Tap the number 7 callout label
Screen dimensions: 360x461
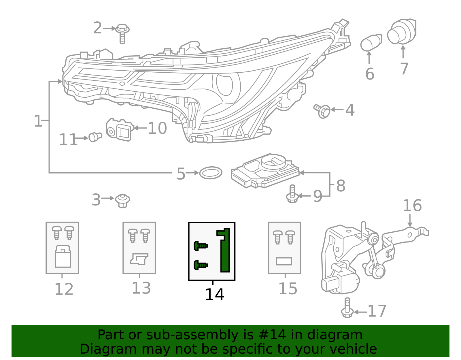pos(404,69)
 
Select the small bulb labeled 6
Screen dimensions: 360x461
pos(371,43)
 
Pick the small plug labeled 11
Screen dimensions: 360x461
pos(95,137)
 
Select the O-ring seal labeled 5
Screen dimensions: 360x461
pos(211,173)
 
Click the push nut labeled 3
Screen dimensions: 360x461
pos(122,200)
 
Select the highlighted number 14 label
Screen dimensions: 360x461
pos(214,295)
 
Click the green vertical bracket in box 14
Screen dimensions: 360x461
pos(224,251)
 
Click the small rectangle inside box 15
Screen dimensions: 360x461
pos(284,261)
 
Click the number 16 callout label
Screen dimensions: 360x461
pos(412,206)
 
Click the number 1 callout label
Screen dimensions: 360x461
pos(38,121)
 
